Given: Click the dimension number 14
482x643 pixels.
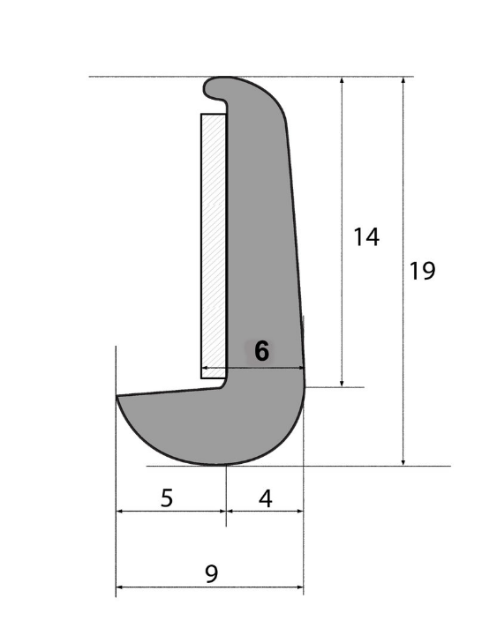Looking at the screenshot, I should (x=365, y=236).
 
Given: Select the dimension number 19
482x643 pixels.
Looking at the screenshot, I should (x=422, y=271).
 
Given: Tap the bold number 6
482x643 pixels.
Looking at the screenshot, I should (x=261, y=351).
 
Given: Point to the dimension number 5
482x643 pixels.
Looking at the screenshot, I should (x=167, y=498).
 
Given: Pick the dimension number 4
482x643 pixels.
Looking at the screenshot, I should (x=265, y=498).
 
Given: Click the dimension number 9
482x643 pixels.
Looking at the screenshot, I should (x=210, y=574).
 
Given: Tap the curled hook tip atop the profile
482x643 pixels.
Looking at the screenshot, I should (x=214, y=89).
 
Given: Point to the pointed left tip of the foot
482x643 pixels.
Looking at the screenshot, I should (x=118, y=398).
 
